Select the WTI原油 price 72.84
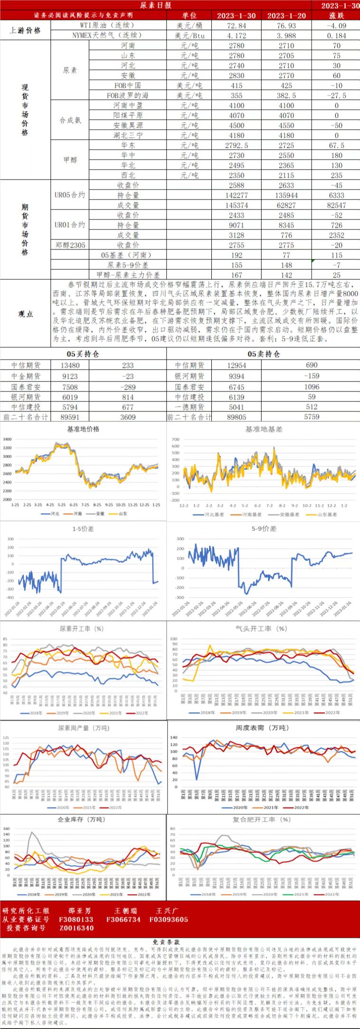click(x=237, y=26)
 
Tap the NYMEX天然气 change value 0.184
click(x=337, y=36)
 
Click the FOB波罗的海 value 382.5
click(x=286, y=95)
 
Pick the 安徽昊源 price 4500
click(x=237, y=125)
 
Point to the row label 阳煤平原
click(x=128, y=115)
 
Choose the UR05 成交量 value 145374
click(x=237, y=205)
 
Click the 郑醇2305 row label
click(x=70, y=245)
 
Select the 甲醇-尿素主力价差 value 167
click(x=237, y=275)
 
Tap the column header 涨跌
click(x=337, y=16)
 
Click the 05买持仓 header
click(x=83, y=354)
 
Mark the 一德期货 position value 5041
click(x=237, y=407)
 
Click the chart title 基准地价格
click(x=84, y=429)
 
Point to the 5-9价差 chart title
click(x=263, y=529)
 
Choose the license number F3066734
click(x=123, y=919)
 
